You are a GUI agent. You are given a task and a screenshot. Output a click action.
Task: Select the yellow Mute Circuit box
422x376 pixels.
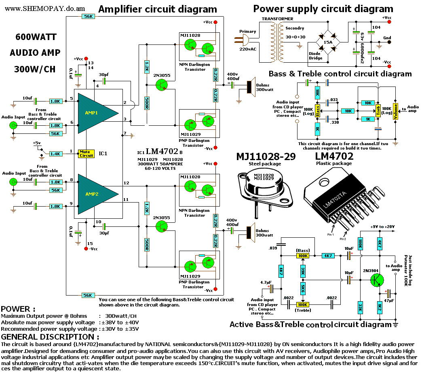pyautogui.click(x=86, y=154)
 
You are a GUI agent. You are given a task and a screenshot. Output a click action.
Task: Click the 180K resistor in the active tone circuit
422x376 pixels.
pyautogui.click(x=361, y=243)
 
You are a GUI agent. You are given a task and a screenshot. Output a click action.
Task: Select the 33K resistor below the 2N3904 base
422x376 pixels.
pyautogui.click(x=361, y=308)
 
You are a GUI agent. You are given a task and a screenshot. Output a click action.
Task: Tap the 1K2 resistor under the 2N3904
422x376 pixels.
pyautogui.click(x=380, y=308)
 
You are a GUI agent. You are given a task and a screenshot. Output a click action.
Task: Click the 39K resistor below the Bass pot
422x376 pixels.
pyautogui.click(x=302, y=270)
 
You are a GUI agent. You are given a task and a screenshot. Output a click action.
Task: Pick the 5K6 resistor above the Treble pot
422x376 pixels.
pyautogui.click(x=302, y=289)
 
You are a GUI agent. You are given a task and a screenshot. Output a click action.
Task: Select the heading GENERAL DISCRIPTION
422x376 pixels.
pyautogui.click(x=50, y=337)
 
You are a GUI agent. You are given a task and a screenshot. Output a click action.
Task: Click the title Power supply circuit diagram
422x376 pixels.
pyautogui.click(x=323, y=8)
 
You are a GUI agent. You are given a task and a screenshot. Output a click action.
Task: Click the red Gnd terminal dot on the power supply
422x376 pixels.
pyautogui.click(x=389, y=42)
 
